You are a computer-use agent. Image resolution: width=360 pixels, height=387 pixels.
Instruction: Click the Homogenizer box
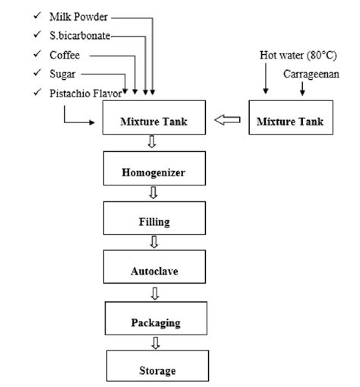[x=154, y=168]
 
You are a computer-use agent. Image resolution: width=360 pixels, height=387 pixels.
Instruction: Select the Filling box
[x=154, y=218]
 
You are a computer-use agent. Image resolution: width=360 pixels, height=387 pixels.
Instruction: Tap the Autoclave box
[x=154, y=267]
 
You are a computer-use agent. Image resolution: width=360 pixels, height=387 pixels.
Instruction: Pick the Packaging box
[x=156, y=318]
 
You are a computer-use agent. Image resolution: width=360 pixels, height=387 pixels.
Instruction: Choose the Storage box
[x=157, y=366]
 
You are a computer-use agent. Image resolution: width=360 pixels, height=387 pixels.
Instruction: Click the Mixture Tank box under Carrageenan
[x=291, y=117]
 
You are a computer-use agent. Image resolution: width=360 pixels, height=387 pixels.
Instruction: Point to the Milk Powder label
[x=78, y=17]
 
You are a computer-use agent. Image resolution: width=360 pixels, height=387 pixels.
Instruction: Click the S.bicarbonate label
[x=80, y=36]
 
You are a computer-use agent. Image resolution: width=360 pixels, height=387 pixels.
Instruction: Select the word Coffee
[x=65, y=55]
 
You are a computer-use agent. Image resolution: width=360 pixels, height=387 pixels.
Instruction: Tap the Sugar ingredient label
[x=62, y=75]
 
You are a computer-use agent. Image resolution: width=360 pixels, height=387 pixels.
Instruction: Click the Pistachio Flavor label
[x=86, y=94]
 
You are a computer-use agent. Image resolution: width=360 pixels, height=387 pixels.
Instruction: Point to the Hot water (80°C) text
[x=298, y=56]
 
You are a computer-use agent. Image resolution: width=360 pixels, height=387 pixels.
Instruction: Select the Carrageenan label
[x=311, y=74]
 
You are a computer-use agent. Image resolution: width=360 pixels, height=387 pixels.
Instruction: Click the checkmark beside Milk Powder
[x=37, y=16]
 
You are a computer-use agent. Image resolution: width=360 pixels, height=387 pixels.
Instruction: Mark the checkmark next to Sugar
[x=37, y=73]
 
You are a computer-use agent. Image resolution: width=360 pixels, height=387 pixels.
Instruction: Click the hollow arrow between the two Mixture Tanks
[x=227, y=119]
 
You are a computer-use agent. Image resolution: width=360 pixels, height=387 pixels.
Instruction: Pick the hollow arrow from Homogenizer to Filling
[x=153, y=193]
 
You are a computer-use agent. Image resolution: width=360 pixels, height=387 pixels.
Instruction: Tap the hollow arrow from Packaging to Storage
[x=156, y=343]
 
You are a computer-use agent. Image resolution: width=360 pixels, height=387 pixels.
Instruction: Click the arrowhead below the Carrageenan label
[x=302, y=93]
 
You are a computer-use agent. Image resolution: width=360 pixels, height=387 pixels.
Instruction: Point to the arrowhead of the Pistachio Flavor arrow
[x=92, y=122]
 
